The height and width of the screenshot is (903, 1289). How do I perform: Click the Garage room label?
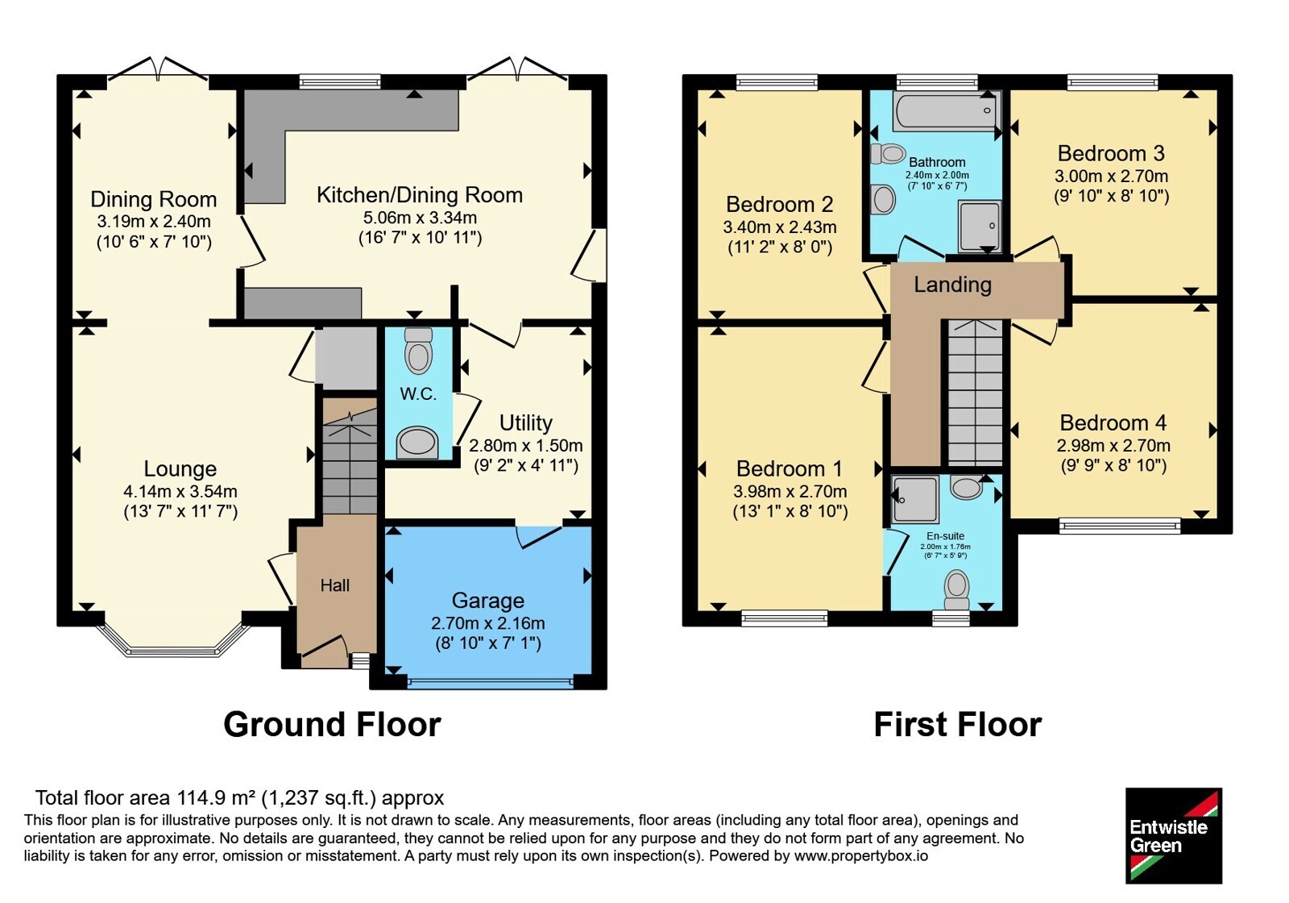pyautogui.click(x=488, y=601)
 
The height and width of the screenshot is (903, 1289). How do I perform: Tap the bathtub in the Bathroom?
pyautogui.click(x=947, y=112)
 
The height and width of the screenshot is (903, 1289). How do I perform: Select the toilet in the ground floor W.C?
pyautogui.click(x=418, y=351)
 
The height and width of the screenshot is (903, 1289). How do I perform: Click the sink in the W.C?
pyautogui.click(x=417, y=443)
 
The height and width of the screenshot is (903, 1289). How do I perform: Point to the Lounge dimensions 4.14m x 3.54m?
pyautogui.click(x=180, y=491)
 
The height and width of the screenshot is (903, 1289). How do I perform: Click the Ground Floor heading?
pyautogui.click(x=332, y=725)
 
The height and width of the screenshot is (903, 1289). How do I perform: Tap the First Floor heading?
pyautogui.click(x=958, y=725)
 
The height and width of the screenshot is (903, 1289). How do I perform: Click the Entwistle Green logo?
pyautogui.click(x=1173, y=835)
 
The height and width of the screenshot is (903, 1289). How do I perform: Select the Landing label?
pyautogui.click(x=953, y=285)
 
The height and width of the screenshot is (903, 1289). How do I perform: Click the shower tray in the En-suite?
pyautogui.click(x=915, y=500)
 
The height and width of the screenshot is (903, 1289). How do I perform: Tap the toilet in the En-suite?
pyautogui.click(x=957, y=589)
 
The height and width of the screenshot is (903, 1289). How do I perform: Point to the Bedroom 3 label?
pyautogui.click(x=1111, y=154)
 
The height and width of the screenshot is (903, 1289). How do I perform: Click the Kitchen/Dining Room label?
pyautogui.click(x=420, y=195)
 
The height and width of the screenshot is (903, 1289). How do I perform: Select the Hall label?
pyautogui.click(x=335, y=585)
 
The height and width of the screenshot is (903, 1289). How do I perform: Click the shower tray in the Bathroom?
pyautogui.click(x=980, y=226)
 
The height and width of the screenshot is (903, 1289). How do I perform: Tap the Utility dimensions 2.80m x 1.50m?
pyautogui.click(x=526, y=446)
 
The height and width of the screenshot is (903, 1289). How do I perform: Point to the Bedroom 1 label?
pyautogui.click(x=790, y=468)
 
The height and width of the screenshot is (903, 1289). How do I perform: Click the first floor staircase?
pyautogui.click(x=976, y=393)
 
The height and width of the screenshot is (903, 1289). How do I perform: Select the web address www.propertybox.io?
pyautogui.click(x=861, y=855)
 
